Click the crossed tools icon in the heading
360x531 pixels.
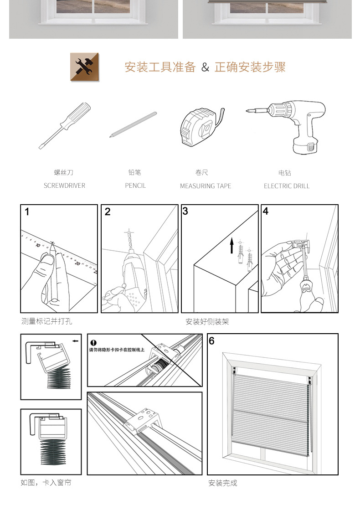[85, 67]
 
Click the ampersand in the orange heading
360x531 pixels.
[205, 67]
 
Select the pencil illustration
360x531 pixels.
[133, 124]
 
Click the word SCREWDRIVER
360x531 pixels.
[64, 186]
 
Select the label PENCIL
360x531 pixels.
[135, 186]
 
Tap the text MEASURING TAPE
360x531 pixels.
[206, 186]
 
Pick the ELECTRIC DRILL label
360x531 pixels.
[286, 186]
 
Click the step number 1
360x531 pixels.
[27, 211]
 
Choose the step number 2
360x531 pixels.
[108, 211]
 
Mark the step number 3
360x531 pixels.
[185, 211]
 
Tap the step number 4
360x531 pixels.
[266, 211]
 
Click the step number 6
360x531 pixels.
[211, 340]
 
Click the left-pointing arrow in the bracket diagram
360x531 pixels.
[75, 340]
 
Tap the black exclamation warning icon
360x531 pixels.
[93, 342]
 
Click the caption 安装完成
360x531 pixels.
[223, 483]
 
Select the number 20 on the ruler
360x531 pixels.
[77, 263]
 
